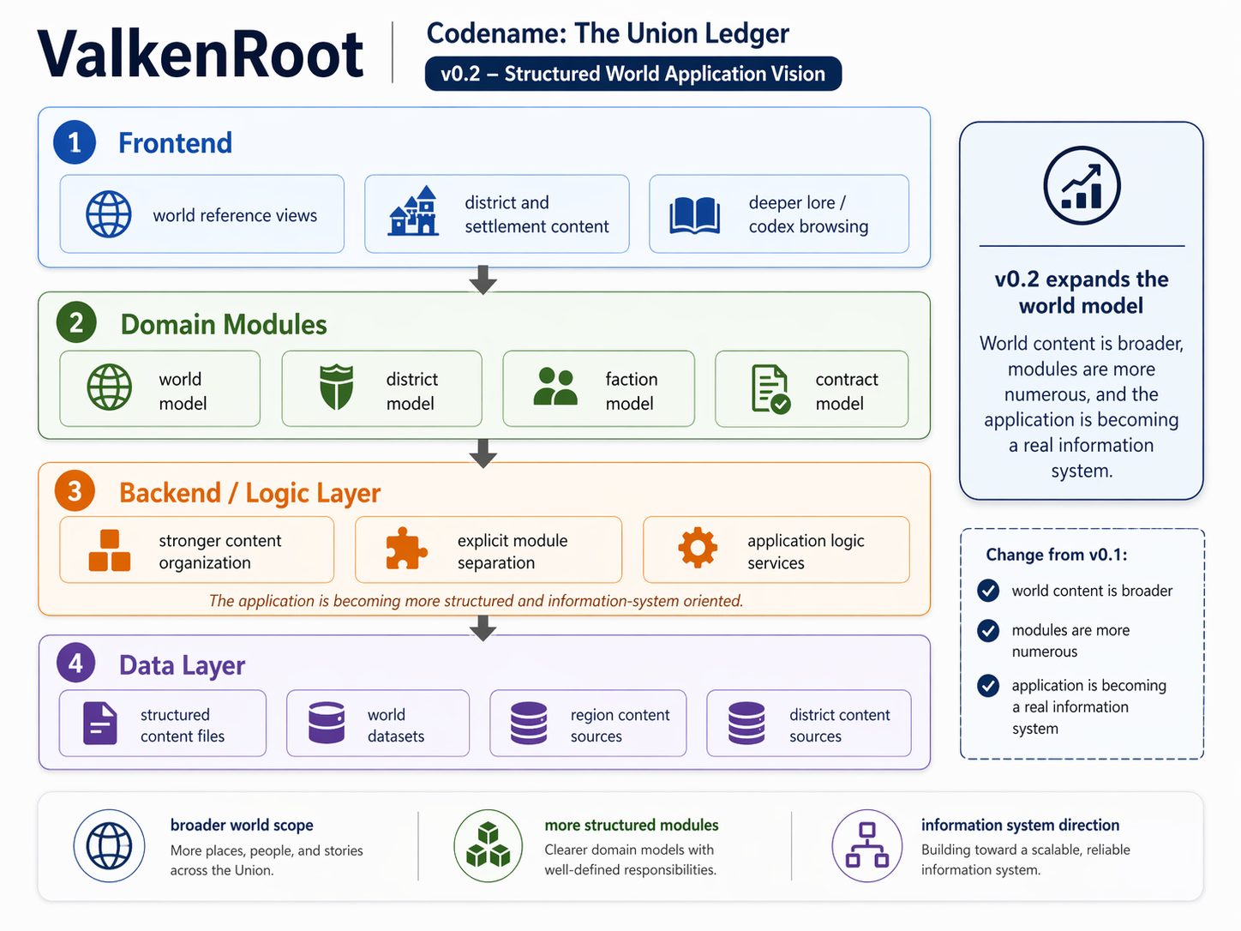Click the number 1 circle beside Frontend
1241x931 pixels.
(x=75, y=142)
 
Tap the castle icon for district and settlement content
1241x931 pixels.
(x=414, y=212)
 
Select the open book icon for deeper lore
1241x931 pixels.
(x=694, y=215)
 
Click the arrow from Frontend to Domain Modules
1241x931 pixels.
(x=483, y=279)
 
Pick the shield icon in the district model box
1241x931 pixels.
(x=336, y=387)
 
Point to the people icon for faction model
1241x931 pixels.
(x=555, y=387)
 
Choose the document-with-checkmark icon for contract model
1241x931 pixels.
(x=770, y=389)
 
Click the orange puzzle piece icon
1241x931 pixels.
(x=405, y=549)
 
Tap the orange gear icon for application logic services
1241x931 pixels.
(x=698, y=548)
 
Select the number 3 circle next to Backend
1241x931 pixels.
(x=75, y=491)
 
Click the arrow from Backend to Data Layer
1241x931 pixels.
(x=483, y=628)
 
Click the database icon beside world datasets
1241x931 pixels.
(x=327, y=723)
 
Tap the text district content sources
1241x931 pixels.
(x=839, y=725)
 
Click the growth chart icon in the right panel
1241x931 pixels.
(x=1082, y=186)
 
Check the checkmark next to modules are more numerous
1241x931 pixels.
(x=988, y=631)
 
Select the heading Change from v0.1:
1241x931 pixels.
(x=1056, y=555)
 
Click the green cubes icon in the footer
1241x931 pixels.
(x=488, y=845)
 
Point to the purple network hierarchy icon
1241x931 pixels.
(x=866, y=845)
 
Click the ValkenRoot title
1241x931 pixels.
(x=201, y=55)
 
